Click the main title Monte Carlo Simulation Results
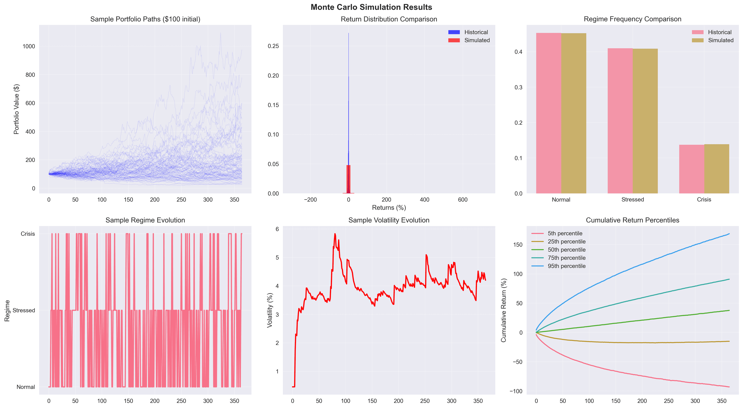[371, 7]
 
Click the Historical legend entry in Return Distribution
[476, 32]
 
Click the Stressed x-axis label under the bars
[633, 200]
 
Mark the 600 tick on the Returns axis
[463, 200]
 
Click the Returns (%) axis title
[389, 208]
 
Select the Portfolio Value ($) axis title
[16, 109]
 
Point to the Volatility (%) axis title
[270, 310]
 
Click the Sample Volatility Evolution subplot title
[389, 220]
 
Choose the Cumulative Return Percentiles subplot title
[633, 220]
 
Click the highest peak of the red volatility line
[335, 234]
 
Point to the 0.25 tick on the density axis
[273, 46]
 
